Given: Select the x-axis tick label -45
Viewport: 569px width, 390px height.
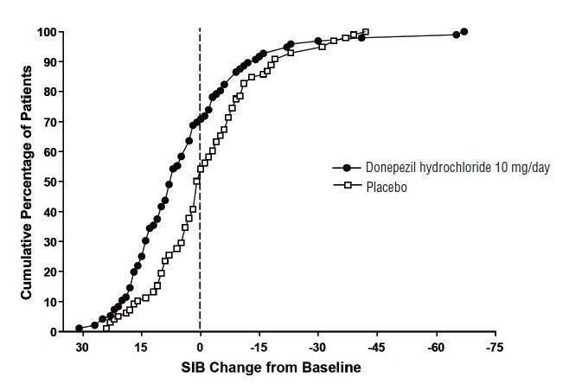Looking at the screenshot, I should [x=377, y=347].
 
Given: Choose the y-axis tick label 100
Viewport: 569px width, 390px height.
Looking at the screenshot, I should [x=48, y=33].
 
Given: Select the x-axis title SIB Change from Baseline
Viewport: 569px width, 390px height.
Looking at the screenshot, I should [x=271, y=367].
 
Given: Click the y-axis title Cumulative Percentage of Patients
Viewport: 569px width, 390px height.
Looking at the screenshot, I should [x=27, y=182].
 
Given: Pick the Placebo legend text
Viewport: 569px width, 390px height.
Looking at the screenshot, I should [x=385, y=185].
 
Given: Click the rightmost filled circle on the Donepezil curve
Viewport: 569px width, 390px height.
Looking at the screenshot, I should [x=464, y=32].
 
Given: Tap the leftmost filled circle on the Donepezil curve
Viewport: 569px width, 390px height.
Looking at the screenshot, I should [x=79, y=329].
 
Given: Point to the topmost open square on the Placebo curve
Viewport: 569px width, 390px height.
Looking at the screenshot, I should [x=366, y=33].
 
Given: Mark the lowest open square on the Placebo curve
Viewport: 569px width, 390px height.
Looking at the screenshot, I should [x=107, y=328].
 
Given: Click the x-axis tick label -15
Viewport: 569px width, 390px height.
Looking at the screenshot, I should [x=259, y=347].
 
